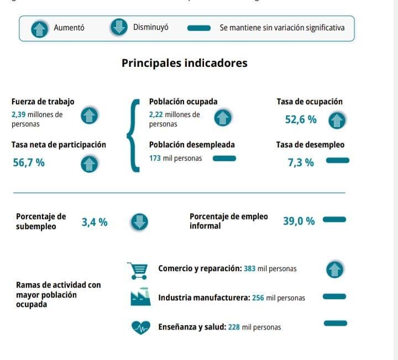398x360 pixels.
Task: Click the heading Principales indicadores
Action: coord(184,63)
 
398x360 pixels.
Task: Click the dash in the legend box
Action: coord(199,28)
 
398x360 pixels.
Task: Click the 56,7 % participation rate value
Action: coord(29,163)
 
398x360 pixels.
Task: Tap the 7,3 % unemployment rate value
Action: coord(301,162)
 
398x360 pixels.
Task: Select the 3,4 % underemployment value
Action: coord(95,223)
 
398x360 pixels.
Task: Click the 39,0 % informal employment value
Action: coord(298,221)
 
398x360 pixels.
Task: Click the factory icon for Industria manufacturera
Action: coord(140,298)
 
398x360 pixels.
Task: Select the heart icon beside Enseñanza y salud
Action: coord(140,327)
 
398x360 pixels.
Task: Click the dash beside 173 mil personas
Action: coord(224,158)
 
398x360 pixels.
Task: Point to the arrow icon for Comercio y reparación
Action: coord(334,269)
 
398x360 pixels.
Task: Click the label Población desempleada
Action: coord(192,145)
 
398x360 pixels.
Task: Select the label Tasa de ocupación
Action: coord(309,102)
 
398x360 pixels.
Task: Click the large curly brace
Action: coord(133,135)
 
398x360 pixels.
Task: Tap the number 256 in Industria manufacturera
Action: coord(258,298)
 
